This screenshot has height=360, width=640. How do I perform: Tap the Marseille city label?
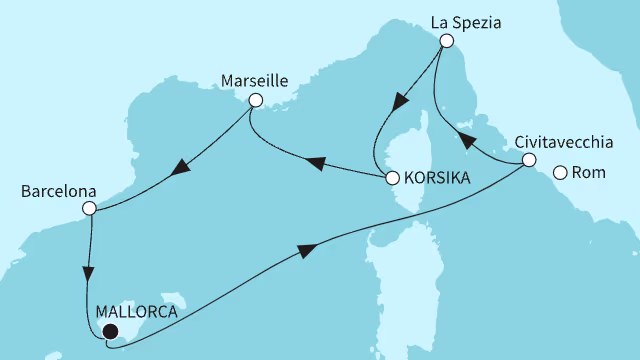click(255, 79)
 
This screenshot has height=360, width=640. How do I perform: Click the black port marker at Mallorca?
click(110, 332)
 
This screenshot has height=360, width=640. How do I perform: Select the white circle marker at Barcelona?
click(89, 209)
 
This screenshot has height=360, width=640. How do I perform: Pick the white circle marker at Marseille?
click(255, 100)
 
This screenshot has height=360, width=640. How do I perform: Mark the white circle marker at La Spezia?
click(446, 41)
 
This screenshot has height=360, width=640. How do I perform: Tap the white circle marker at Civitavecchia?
click(530, 160)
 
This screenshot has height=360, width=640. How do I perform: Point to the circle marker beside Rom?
click(560, 173)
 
